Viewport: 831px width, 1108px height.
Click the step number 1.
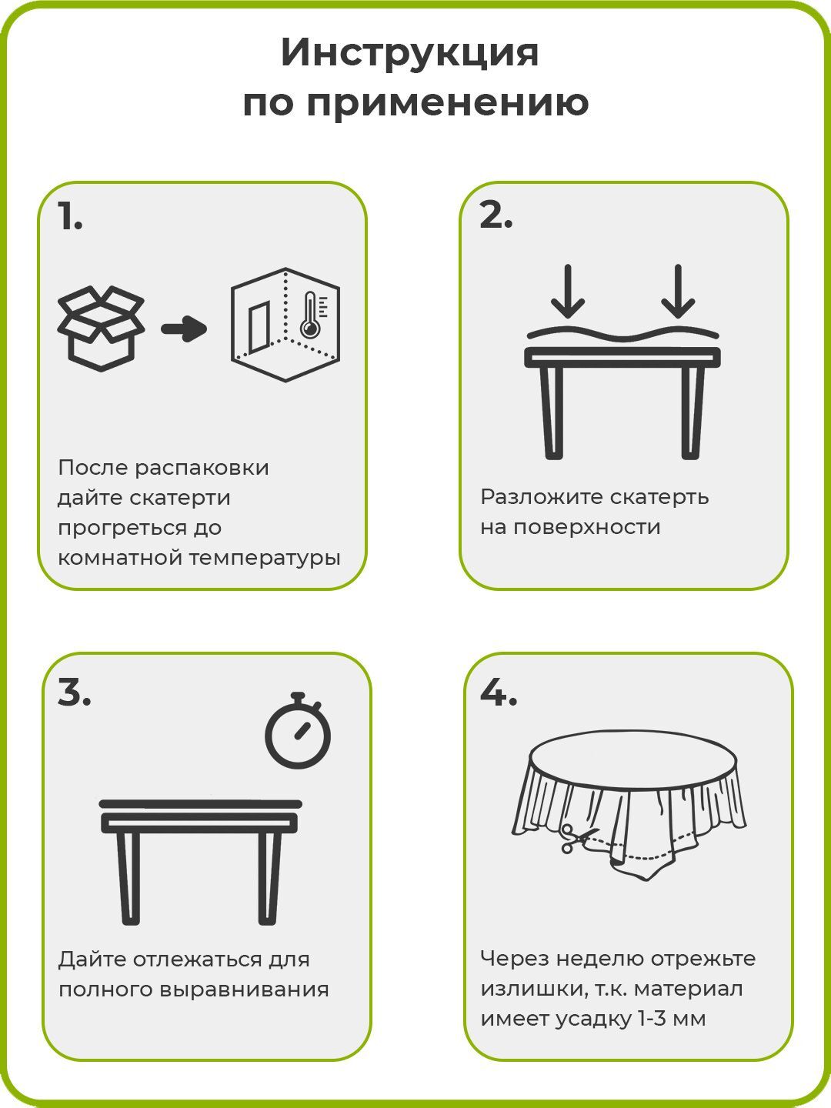click(70, 216)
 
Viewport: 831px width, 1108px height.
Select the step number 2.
click(496, 216)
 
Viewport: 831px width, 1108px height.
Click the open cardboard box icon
click(101, 329)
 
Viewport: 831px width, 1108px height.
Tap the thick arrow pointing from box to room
click(184, 329)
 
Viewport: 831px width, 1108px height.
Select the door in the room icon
click(260, 328)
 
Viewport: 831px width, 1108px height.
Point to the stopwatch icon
click(298, 730)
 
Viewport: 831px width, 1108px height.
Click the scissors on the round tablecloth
click(574, 838)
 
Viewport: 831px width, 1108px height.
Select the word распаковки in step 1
click(202, 468)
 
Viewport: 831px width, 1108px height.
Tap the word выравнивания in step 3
click(244, 990)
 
